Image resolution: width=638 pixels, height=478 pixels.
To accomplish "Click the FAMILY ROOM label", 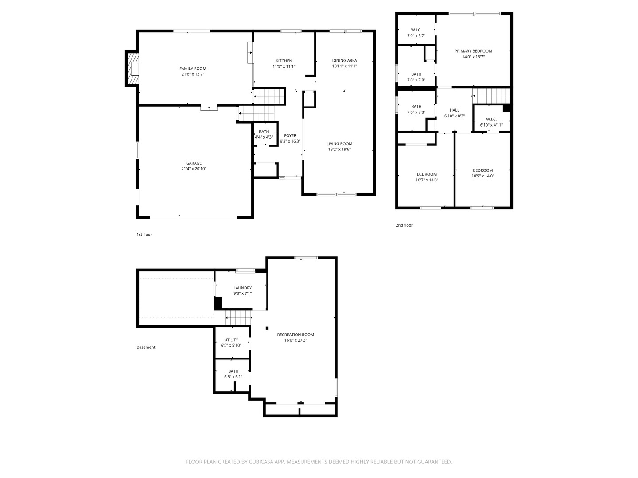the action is (x=193, y=69).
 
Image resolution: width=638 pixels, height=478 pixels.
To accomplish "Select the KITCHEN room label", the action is (x=284, y=61).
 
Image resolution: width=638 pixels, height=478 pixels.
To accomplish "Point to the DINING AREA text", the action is (x=344, y=60).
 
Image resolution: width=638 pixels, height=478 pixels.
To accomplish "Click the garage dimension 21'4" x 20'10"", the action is (x=194, y=169).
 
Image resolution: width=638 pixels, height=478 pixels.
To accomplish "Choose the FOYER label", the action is (x=290, y=135).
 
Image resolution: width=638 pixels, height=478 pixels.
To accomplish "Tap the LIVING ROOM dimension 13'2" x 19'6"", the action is (x=339, y=150).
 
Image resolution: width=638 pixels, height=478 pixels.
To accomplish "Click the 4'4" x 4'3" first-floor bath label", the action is (x=264, y=137).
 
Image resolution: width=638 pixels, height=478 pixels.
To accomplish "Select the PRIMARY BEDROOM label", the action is (x=474, y=51).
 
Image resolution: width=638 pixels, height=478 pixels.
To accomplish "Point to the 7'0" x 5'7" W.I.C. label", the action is (x=416, y=36).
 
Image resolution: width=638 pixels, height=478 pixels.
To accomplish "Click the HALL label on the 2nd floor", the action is (x=455, y=110).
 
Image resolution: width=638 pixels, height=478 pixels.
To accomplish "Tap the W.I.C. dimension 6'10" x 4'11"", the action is (x=491, y=125).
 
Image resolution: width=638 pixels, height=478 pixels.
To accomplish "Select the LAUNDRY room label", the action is (x=243, y=288).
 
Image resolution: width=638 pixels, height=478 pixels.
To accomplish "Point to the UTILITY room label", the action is (x=231, y=340).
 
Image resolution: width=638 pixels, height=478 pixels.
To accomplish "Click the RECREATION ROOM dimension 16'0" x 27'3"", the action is (x=296, y=340).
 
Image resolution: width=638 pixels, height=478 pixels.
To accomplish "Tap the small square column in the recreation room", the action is (x=267, y=328).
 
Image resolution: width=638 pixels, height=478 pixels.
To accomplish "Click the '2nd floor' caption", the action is (x=405, y=225).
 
